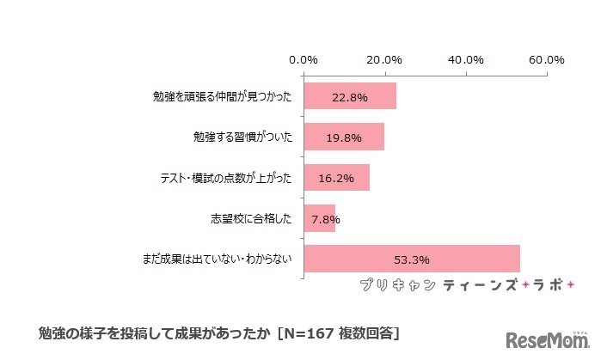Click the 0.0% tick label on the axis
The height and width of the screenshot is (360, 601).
point(303,60)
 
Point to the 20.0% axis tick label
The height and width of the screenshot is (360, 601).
point(383,60)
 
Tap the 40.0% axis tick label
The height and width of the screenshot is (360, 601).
point(465,60)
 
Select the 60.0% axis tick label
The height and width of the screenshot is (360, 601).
point(546,60)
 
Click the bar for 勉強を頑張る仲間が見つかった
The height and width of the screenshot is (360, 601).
point(350,96)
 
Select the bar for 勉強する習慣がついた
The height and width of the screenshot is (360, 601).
point(344,137)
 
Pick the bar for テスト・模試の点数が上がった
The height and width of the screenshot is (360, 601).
point(336,178)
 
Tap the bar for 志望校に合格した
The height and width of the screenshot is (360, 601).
point(319,219)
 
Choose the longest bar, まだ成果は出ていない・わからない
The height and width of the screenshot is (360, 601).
point(412,259)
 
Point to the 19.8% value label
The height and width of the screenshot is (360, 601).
point(344,137)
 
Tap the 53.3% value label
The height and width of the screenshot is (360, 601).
point(412,259)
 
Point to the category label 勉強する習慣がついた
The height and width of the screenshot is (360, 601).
point(243,137)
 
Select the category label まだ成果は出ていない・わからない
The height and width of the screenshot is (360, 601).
point(218,259)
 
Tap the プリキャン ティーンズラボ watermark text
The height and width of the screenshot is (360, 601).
point(464,284)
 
